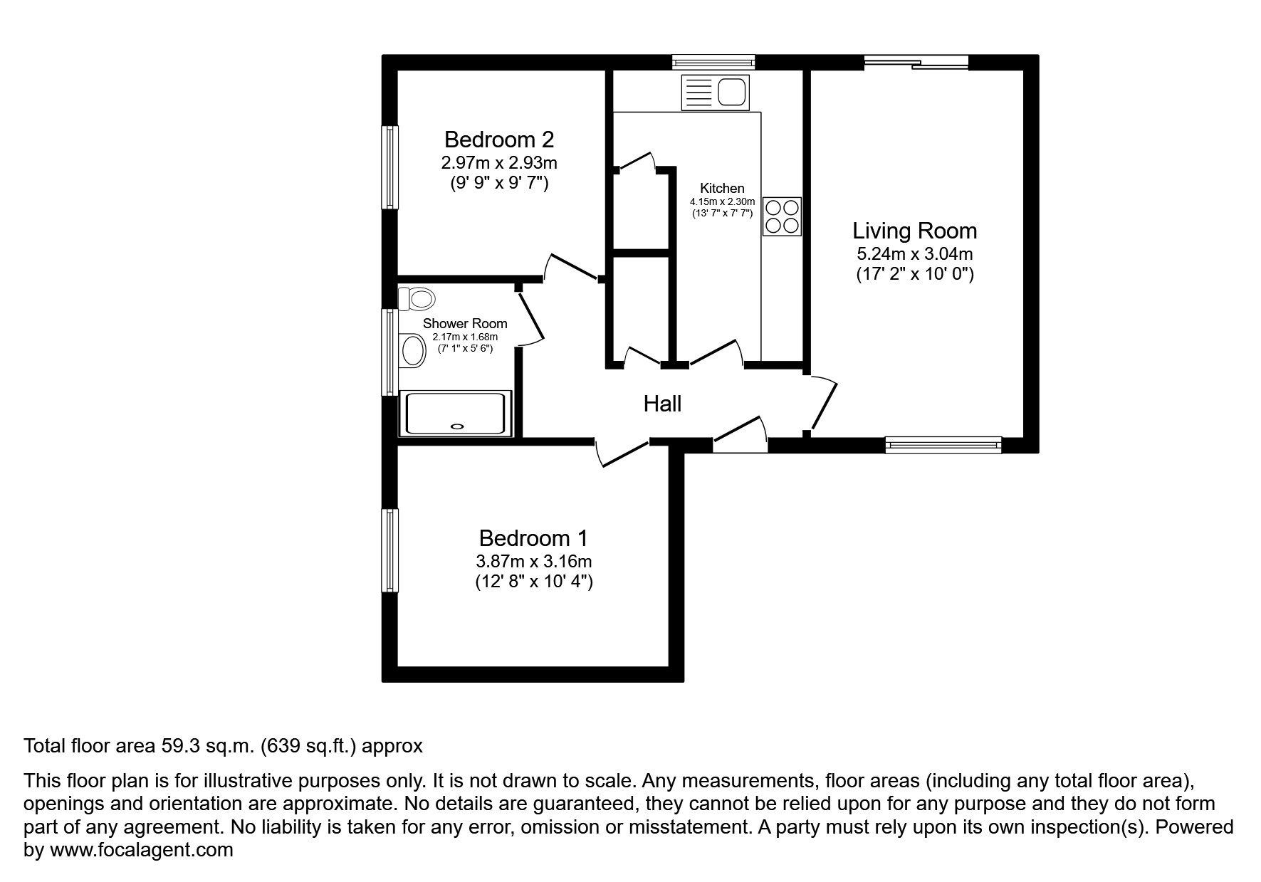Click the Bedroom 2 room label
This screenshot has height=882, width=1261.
coord(498,140)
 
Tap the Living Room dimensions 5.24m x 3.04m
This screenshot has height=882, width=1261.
coord(914,253)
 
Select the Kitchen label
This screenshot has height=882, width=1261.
coord(722,189)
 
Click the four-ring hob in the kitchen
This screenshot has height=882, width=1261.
coord(782,216)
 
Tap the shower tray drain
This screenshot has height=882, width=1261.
coord(457,426)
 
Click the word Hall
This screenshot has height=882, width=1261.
coord(662,404)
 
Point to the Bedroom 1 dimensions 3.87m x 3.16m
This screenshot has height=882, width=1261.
coord(534,561)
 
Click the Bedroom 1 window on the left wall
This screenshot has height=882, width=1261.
coord(389,550)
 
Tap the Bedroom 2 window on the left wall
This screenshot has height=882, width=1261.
coord(389,167)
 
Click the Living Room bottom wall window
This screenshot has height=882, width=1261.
coord(943,445)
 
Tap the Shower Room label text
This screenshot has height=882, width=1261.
coord(465,324)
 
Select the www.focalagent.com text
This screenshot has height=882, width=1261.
coord(141,850)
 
